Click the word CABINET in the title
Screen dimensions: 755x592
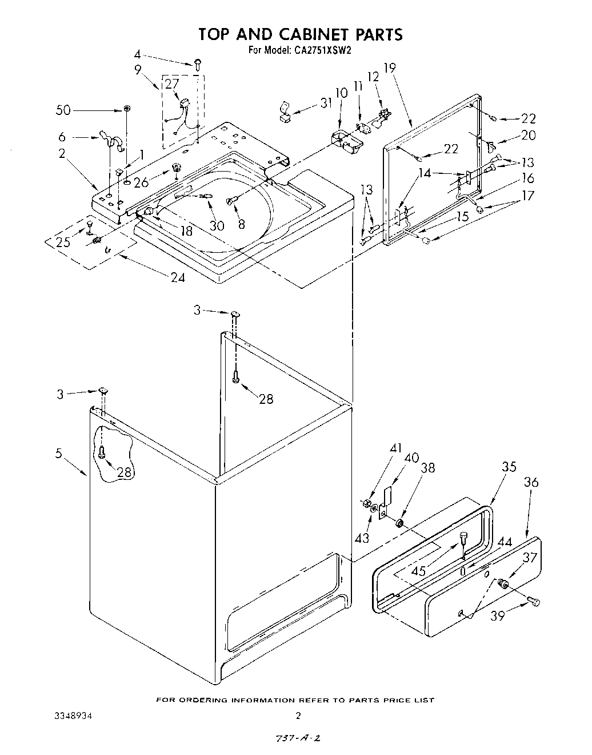point(303,34)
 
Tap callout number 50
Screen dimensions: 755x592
point(63,110)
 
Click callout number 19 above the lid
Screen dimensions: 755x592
point(390,68)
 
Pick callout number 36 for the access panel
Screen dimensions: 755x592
point(531,483)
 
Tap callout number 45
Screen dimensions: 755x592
point(435,570)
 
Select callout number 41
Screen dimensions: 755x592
point(395,449)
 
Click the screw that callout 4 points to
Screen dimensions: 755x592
point(198,65)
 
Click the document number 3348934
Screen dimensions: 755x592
point(73,716)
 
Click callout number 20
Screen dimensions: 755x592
point(529,136)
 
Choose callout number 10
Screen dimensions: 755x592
point(341,93)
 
